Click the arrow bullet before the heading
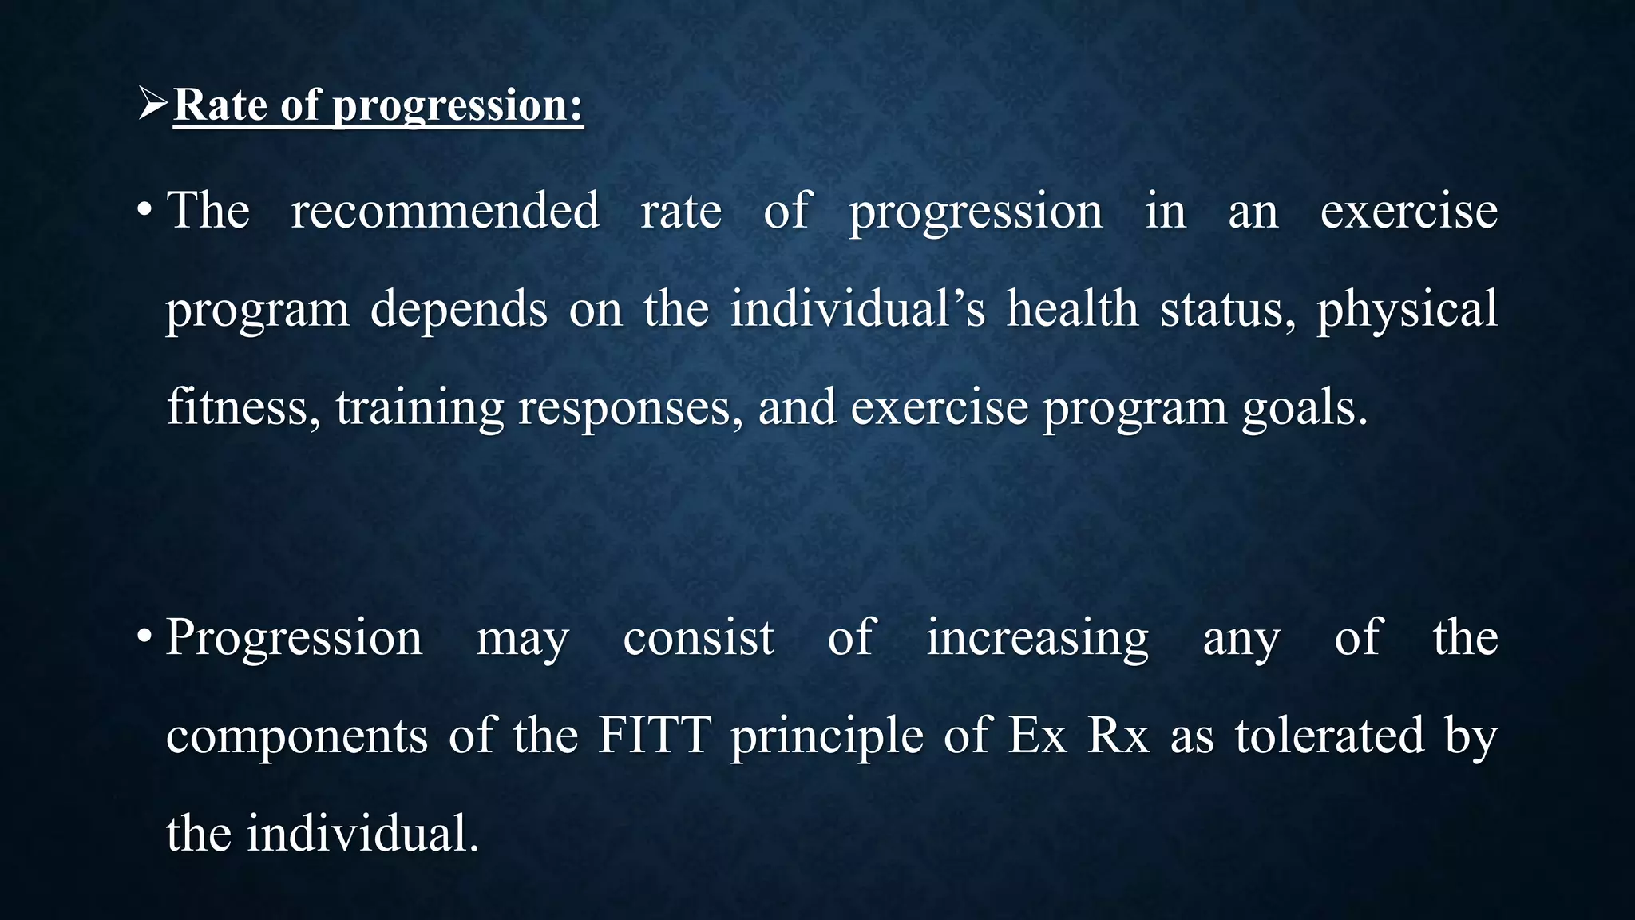point(152,105)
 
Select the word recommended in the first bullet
point(445,211)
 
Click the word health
point(1071,309)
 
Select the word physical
point(1407,311)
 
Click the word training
point(419,408)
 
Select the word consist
point(698,638)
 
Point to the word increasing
point(1037,638)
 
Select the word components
point(296,736)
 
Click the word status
point(1227,309)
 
